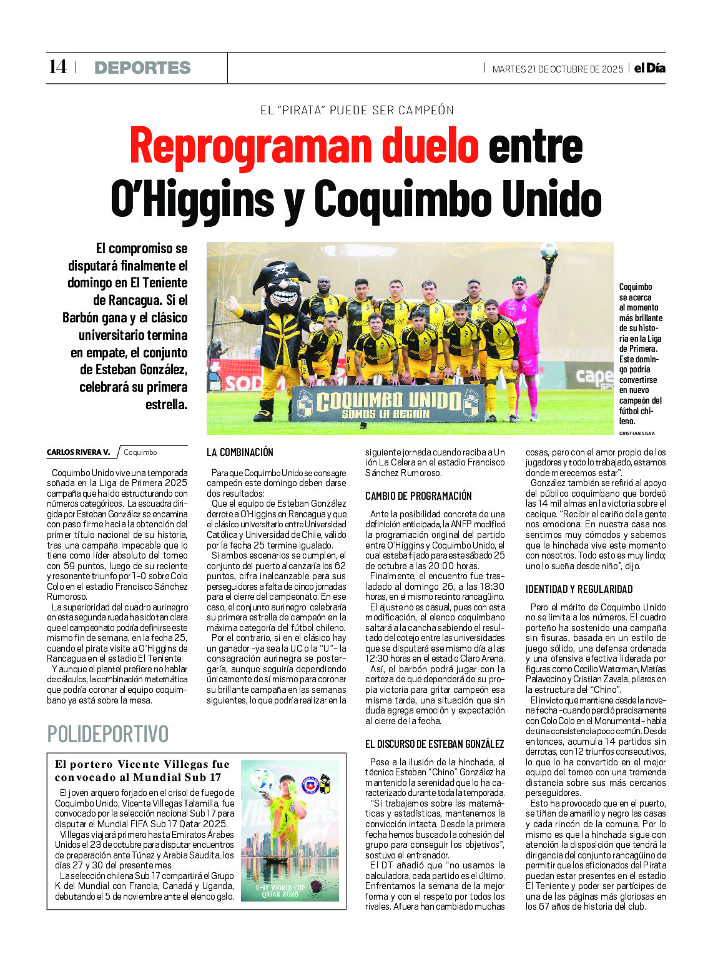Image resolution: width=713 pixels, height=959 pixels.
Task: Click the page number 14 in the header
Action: [57, 67]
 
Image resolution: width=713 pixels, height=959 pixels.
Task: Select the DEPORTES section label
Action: [142, 67]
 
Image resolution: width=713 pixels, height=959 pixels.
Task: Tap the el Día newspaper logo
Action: [649, 68]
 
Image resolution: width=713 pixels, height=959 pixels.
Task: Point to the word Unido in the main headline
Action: [552, 199]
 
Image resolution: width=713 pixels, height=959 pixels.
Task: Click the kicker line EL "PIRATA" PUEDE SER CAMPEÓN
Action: [357, 111]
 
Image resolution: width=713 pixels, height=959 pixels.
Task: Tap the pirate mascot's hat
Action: [281, 272]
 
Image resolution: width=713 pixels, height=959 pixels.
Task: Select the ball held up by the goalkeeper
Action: [549, 250]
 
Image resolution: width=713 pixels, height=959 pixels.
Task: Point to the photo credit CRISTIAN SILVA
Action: [637, 433]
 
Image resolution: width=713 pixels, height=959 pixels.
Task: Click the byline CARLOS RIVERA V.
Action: [78, 452]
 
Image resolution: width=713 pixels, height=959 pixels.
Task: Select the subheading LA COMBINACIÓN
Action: [240, 452]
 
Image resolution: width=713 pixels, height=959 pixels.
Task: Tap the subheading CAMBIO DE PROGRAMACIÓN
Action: [418, 496]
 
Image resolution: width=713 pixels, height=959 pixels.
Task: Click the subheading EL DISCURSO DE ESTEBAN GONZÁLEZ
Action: [435, 744]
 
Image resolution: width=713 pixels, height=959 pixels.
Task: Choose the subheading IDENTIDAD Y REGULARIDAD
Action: [579, 589]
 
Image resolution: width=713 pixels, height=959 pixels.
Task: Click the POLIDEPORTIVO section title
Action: [108, 734]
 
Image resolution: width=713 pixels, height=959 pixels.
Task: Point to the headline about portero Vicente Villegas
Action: [142, 771]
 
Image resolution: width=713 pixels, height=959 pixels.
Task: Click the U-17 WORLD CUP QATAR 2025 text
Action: [280, 891]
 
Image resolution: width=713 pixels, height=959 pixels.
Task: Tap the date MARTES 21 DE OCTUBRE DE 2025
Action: [558, 69]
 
